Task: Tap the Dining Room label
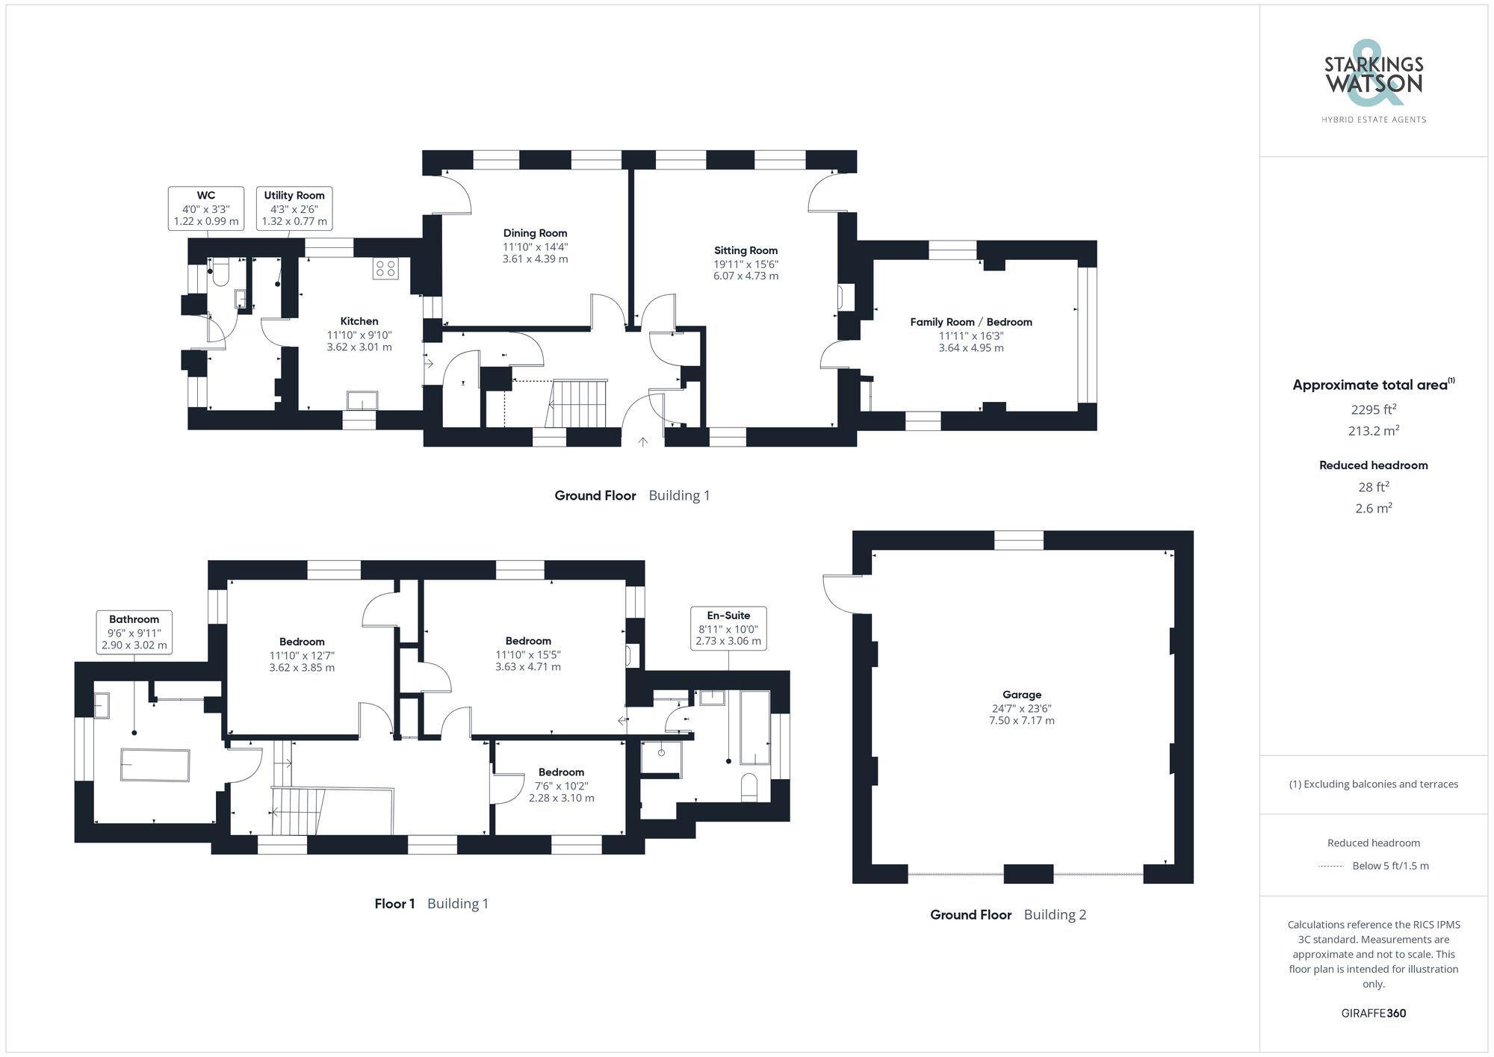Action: tap(535, 233)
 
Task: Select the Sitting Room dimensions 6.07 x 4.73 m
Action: tap(746, 276)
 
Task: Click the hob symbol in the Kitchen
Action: tap(385, 268)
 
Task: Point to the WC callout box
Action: tap(206, 208)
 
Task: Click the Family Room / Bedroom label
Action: tap(970, 322)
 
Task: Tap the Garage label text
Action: tap(1021, 695)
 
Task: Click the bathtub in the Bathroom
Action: tap(155, 765)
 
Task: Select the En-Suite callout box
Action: tap(728, 628)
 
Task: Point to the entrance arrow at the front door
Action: tap(642, 441)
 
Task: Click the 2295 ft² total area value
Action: tap(1373, 409)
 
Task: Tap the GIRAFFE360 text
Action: tap(1373, 1013)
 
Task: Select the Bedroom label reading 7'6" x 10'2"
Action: tap(561, 785)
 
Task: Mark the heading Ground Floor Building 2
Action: tap(1008, 914)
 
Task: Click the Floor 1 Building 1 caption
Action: tap(431, 904)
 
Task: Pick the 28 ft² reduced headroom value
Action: tap(1373, 487)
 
